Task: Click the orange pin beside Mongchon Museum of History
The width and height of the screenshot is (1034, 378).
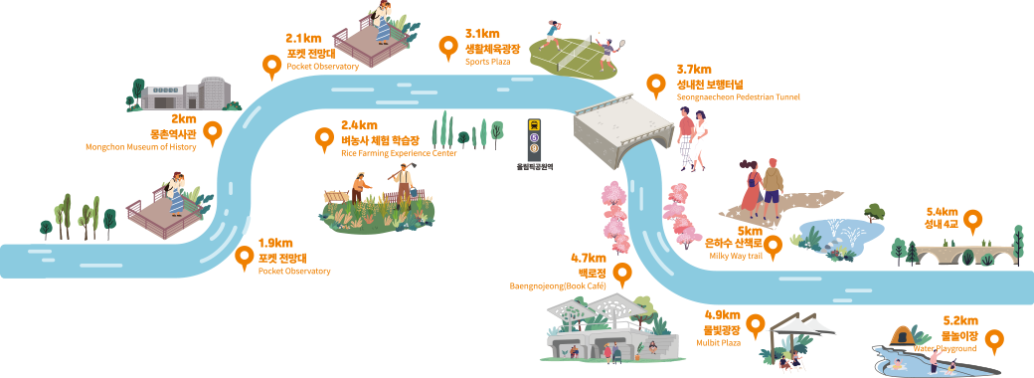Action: pyautogui.click(x=213, y=134)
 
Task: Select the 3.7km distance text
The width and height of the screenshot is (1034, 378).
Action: pyautogui.click(x=694, y=70)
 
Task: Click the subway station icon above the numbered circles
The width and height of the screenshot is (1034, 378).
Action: pyautogui.click(x=534, y=125)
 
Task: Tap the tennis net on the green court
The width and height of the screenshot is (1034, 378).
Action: pyautogui.click(x=573, y=53)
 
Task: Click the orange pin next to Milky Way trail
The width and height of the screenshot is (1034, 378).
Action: pyautogui.click(x=773, y=247)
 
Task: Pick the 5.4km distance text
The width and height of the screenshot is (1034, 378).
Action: pyautogui.click(x=942, y=212)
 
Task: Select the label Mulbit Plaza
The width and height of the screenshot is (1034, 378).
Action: pyautogui.click(x=718, y=343)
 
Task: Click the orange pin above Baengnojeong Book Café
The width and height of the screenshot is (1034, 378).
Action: pyautogui.click(x=621, y=274)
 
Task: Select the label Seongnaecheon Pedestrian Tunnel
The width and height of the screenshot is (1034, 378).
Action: pyautogui.click(x=738, y=96)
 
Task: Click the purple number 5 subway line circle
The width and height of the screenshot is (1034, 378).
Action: pyautogui.click(x=534, y=137)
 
